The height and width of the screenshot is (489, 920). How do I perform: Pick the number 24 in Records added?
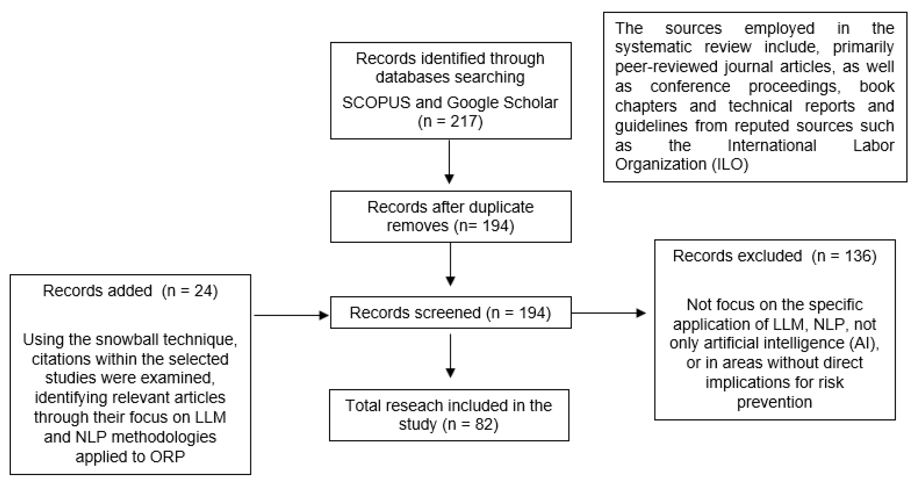(203, 291)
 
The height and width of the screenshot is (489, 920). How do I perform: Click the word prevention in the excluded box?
(774, 402)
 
